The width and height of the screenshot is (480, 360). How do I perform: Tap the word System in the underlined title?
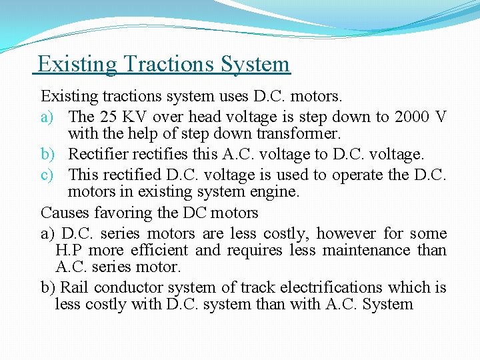coord(252,64)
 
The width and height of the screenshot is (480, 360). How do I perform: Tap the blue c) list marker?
coord(48,175)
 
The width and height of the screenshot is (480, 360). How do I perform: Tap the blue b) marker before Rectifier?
coord(48,154)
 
